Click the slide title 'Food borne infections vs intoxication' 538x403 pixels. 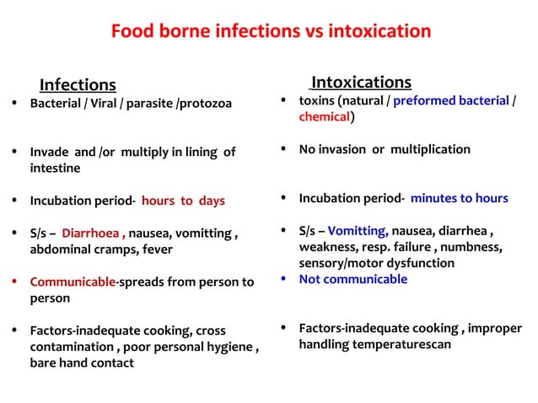coord(271,32)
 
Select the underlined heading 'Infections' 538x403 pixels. coord(78,84)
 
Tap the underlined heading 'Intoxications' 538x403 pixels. coord(361,82)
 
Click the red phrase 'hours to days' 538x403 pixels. coord(183,201)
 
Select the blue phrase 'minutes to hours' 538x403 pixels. coord(459,198)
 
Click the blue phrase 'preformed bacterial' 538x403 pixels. coord(451,101)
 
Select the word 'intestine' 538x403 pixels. coord(56,168)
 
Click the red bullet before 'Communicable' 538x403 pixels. coord(19,282)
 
